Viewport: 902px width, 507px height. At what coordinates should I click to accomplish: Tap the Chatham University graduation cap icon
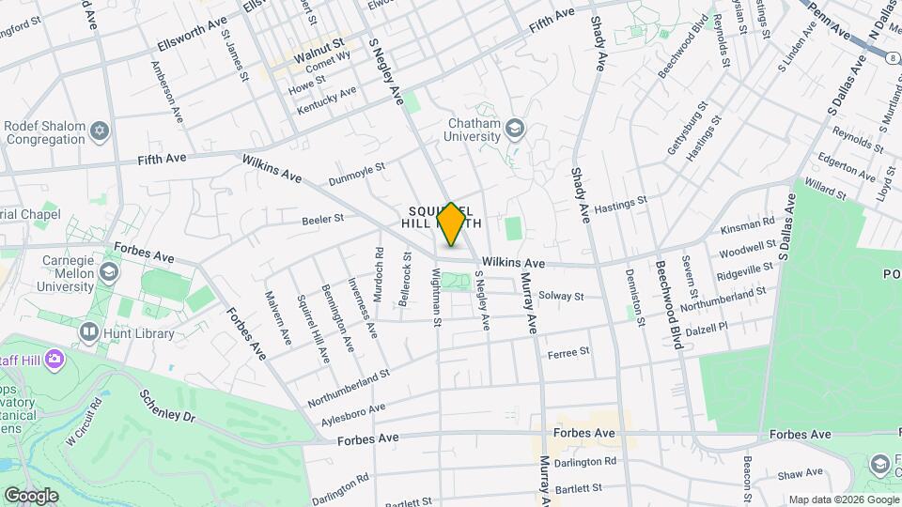pos(515,127)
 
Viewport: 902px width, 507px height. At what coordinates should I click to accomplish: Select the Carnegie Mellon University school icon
pos(109,272)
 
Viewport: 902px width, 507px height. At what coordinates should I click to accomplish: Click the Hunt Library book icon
pos(89,331)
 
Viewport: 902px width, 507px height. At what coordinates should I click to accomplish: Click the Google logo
pos(30,496)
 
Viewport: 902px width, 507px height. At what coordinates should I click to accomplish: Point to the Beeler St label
pos(323,219)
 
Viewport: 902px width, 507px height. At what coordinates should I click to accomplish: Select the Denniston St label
pos(635,296)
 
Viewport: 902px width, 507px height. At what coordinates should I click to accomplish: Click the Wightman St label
pos(436,296)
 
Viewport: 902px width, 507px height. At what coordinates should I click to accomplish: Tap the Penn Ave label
pos(831,21)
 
